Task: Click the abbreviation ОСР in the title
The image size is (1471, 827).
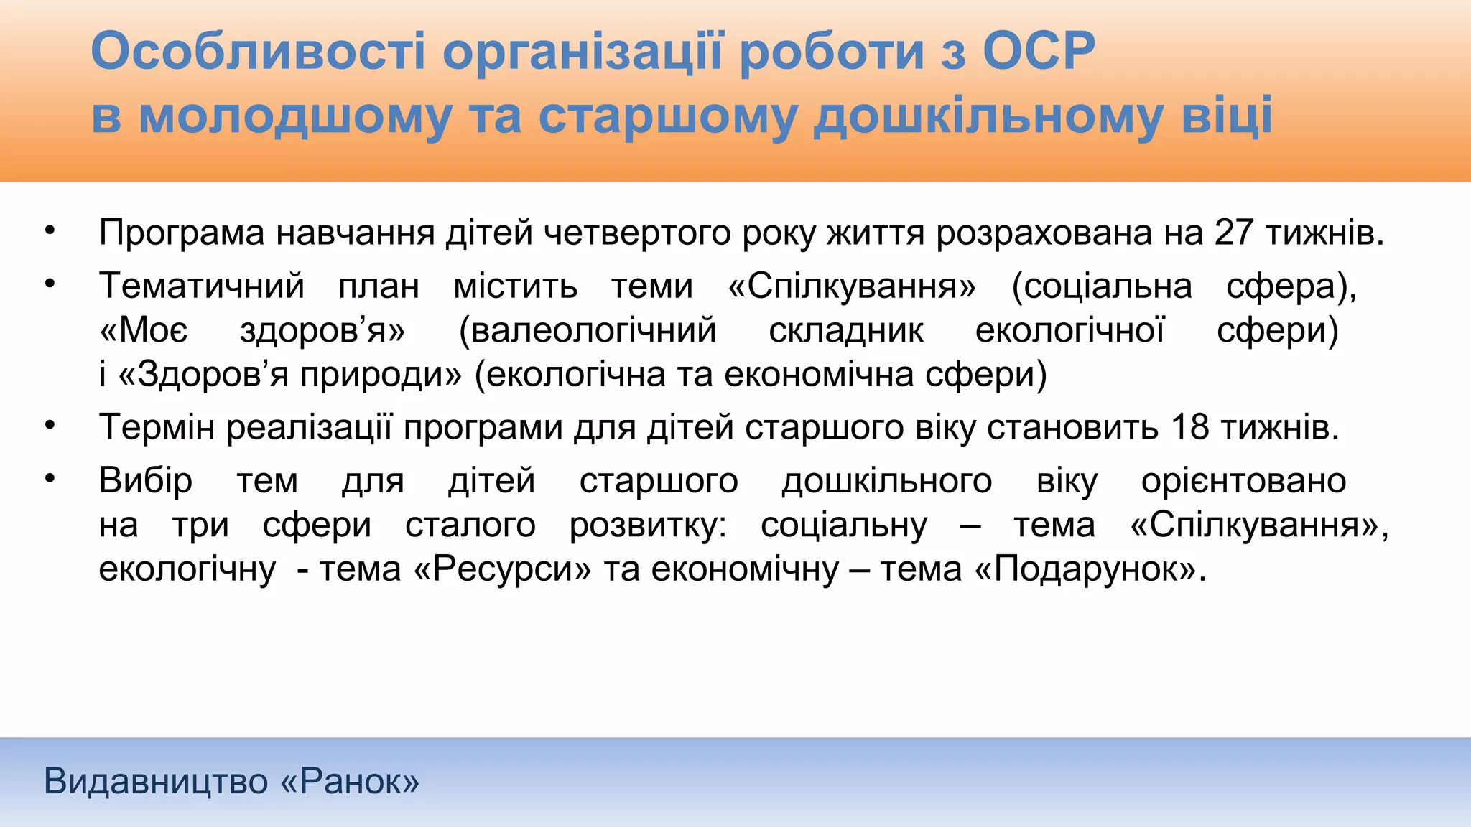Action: point(1039,52)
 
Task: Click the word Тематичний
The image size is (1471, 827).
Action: point(202,286)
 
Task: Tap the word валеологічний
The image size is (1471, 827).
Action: point(588,330)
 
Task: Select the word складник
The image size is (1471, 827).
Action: point(846,330)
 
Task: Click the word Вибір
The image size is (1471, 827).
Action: point(146,481)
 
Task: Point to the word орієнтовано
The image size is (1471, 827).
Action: point(1243,481)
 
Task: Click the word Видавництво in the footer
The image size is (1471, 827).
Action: point(156,781)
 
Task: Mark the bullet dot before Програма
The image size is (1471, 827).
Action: point(50,230)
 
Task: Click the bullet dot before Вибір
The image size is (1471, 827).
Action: point(50,478)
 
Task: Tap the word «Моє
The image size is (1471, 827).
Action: point(144,330)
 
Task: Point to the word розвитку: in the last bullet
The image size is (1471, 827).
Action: point(648,525)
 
